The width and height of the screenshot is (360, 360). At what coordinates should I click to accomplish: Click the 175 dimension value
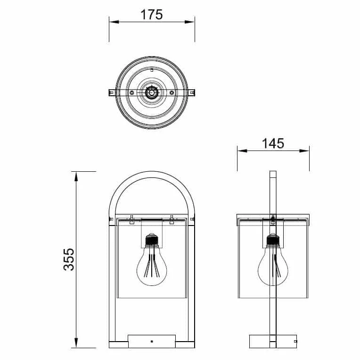[x=152, y=15]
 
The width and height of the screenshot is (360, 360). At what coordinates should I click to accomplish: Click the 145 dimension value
[x=273, y=143]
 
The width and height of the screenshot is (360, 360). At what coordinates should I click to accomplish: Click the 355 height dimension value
[x=69, y=260]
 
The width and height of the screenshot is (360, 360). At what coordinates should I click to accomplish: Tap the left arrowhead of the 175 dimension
[x=114, y=22]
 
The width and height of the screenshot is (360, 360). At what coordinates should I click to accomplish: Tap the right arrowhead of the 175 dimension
[x=189, y=22]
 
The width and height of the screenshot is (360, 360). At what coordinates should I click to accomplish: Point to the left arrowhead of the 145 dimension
[x=242, y=151]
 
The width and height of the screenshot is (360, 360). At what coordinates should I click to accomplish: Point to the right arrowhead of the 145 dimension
[x=304, y=151]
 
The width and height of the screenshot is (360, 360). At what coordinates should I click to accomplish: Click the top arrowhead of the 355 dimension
[x=76, y=176]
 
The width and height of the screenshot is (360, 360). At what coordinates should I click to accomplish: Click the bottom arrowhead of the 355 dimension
[x=76, y=343]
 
